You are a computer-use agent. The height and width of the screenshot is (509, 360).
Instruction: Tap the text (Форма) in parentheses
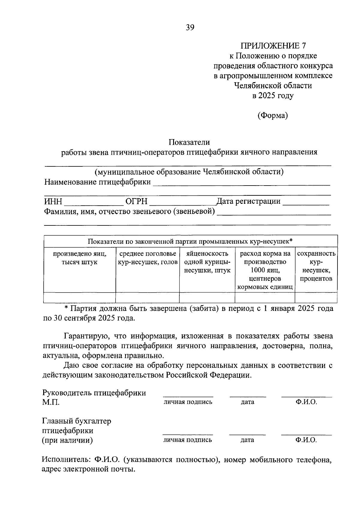273,115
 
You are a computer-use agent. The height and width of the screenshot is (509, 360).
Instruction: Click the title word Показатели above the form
189,142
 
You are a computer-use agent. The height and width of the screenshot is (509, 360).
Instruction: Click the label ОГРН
136,201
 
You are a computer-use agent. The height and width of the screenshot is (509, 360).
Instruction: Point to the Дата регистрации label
248,201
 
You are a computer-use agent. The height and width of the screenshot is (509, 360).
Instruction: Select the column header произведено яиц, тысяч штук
79,258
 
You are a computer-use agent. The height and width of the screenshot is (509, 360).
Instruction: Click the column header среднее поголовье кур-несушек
148,258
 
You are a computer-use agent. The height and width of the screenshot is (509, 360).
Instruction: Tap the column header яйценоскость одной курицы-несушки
207,262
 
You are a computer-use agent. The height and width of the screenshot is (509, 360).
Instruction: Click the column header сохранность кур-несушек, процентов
316,266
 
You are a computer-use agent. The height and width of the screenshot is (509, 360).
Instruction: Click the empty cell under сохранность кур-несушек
316,298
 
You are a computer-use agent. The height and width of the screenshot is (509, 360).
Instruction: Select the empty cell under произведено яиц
79,298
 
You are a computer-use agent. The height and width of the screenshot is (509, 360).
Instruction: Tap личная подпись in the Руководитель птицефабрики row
188,402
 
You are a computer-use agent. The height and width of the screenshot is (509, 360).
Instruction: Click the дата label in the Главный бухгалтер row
247,440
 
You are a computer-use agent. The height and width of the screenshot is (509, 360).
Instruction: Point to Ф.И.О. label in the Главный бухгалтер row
306,440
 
